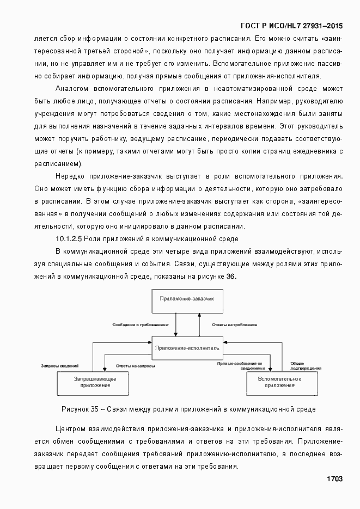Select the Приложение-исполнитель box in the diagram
pos(187,347)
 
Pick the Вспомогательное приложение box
pos(280,382)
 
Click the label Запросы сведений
pos(60,365)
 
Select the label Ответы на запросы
pos(132,365)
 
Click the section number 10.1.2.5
pos(69,239)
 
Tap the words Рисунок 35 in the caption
pos(80,408)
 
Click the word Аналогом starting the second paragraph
pos(73,88)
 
